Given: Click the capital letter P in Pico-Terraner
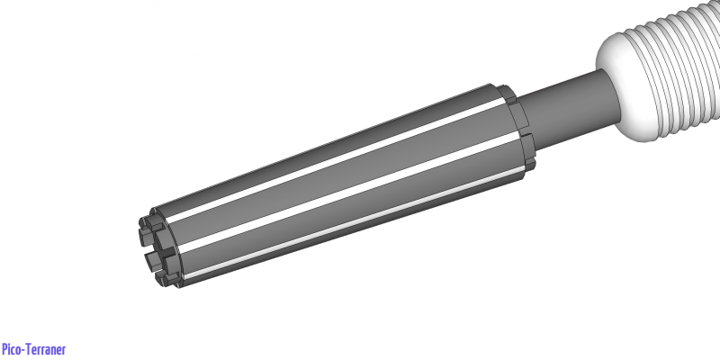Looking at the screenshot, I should pyautogui.click(x=4, y=349).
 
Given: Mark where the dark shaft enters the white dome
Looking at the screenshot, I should pyautogui.click(x=606, y=85).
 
